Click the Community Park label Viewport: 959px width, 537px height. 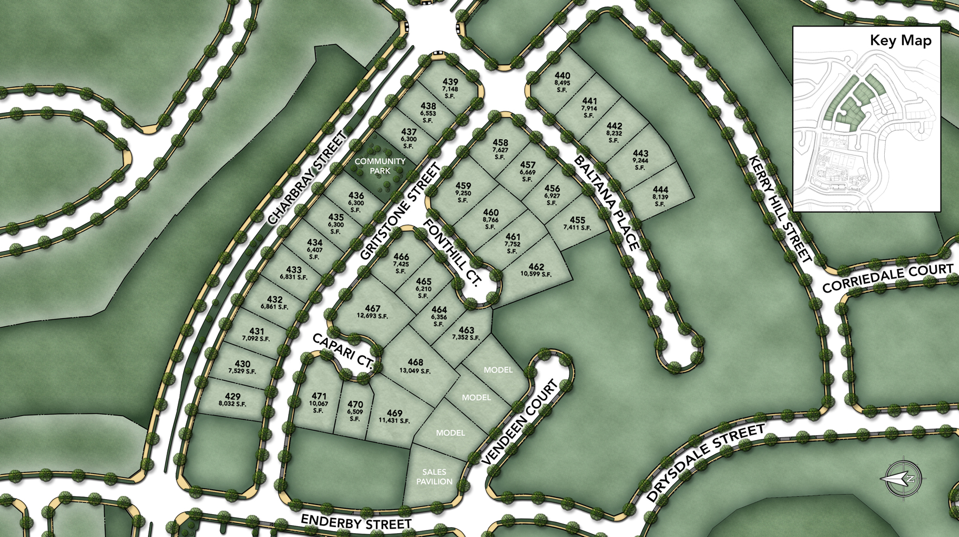[380, 166]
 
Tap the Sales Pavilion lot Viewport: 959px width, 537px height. [434, 477]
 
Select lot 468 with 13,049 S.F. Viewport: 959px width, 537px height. [415, 366]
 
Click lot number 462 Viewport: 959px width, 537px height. [536, 269]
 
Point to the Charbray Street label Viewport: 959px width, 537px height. [307, 178]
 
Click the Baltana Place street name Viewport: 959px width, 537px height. [606, 203]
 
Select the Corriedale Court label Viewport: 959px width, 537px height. [887, 277]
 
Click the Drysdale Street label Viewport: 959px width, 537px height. [705, 463]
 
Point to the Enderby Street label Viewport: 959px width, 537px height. [356, 522]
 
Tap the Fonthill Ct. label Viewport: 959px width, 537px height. [452, 253]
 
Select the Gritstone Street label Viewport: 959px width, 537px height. [400, 212]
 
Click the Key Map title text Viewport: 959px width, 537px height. [900, 40]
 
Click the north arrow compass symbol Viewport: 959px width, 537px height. [902, 478]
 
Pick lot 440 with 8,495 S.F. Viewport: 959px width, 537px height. [562, 82]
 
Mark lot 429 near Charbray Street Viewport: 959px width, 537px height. [232, 400]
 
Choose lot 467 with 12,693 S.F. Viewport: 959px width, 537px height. [372, 312]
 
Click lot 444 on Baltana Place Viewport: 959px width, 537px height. [660, 196]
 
